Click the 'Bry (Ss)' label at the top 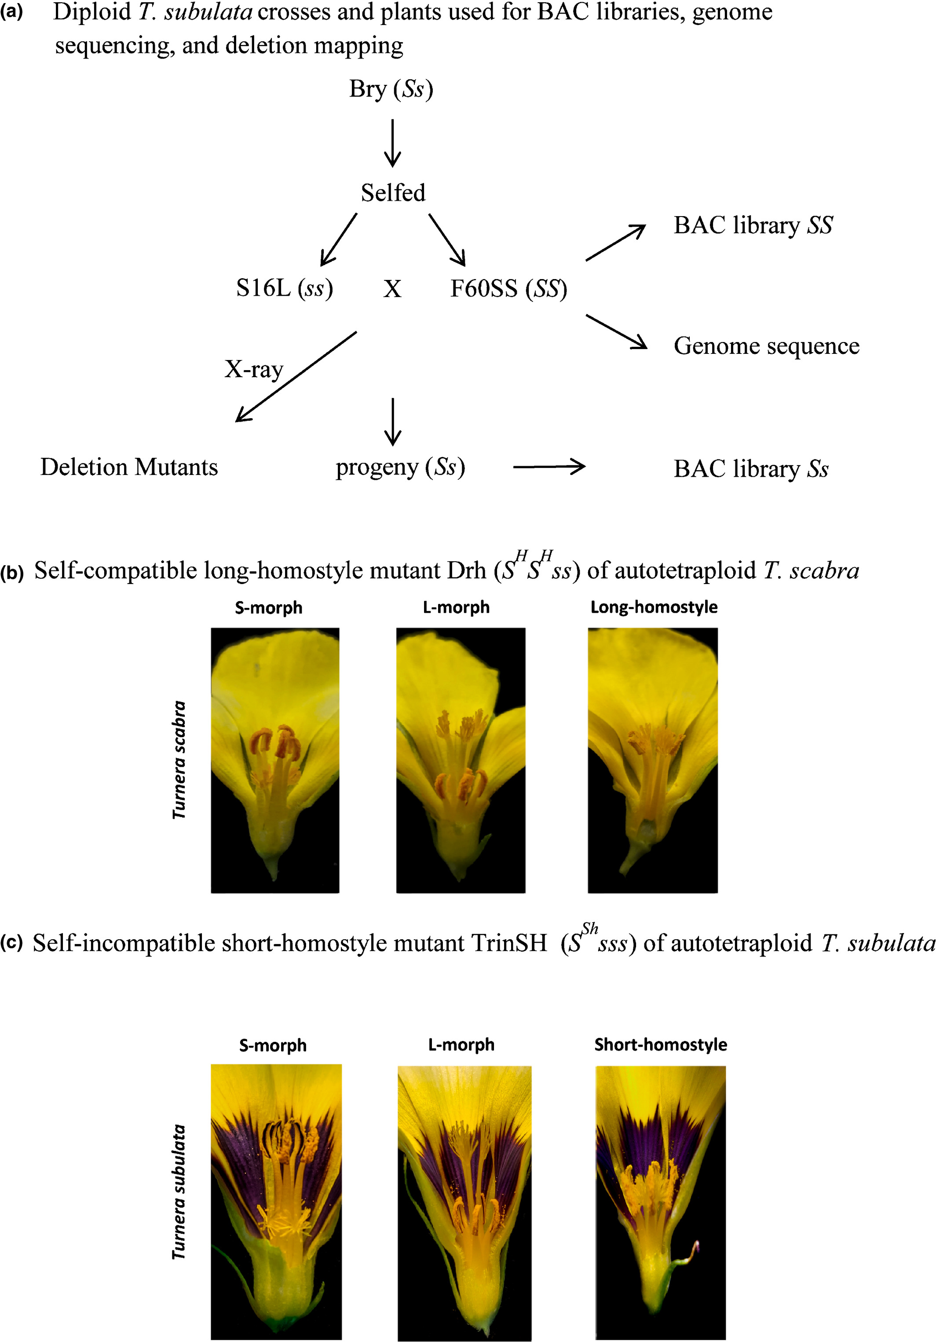[391, 89]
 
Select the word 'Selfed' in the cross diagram [393, 193]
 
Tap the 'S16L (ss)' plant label [284, 288]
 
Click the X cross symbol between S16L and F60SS [392, 289]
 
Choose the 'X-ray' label [253, 369]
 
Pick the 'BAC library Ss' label [750, 469]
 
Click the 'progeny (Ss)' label [400, 467]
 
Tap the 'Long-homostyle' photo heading [654, 607]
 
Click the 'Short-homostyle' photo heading [660, 1044]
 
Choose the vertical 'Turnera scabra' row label [179, 759]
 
